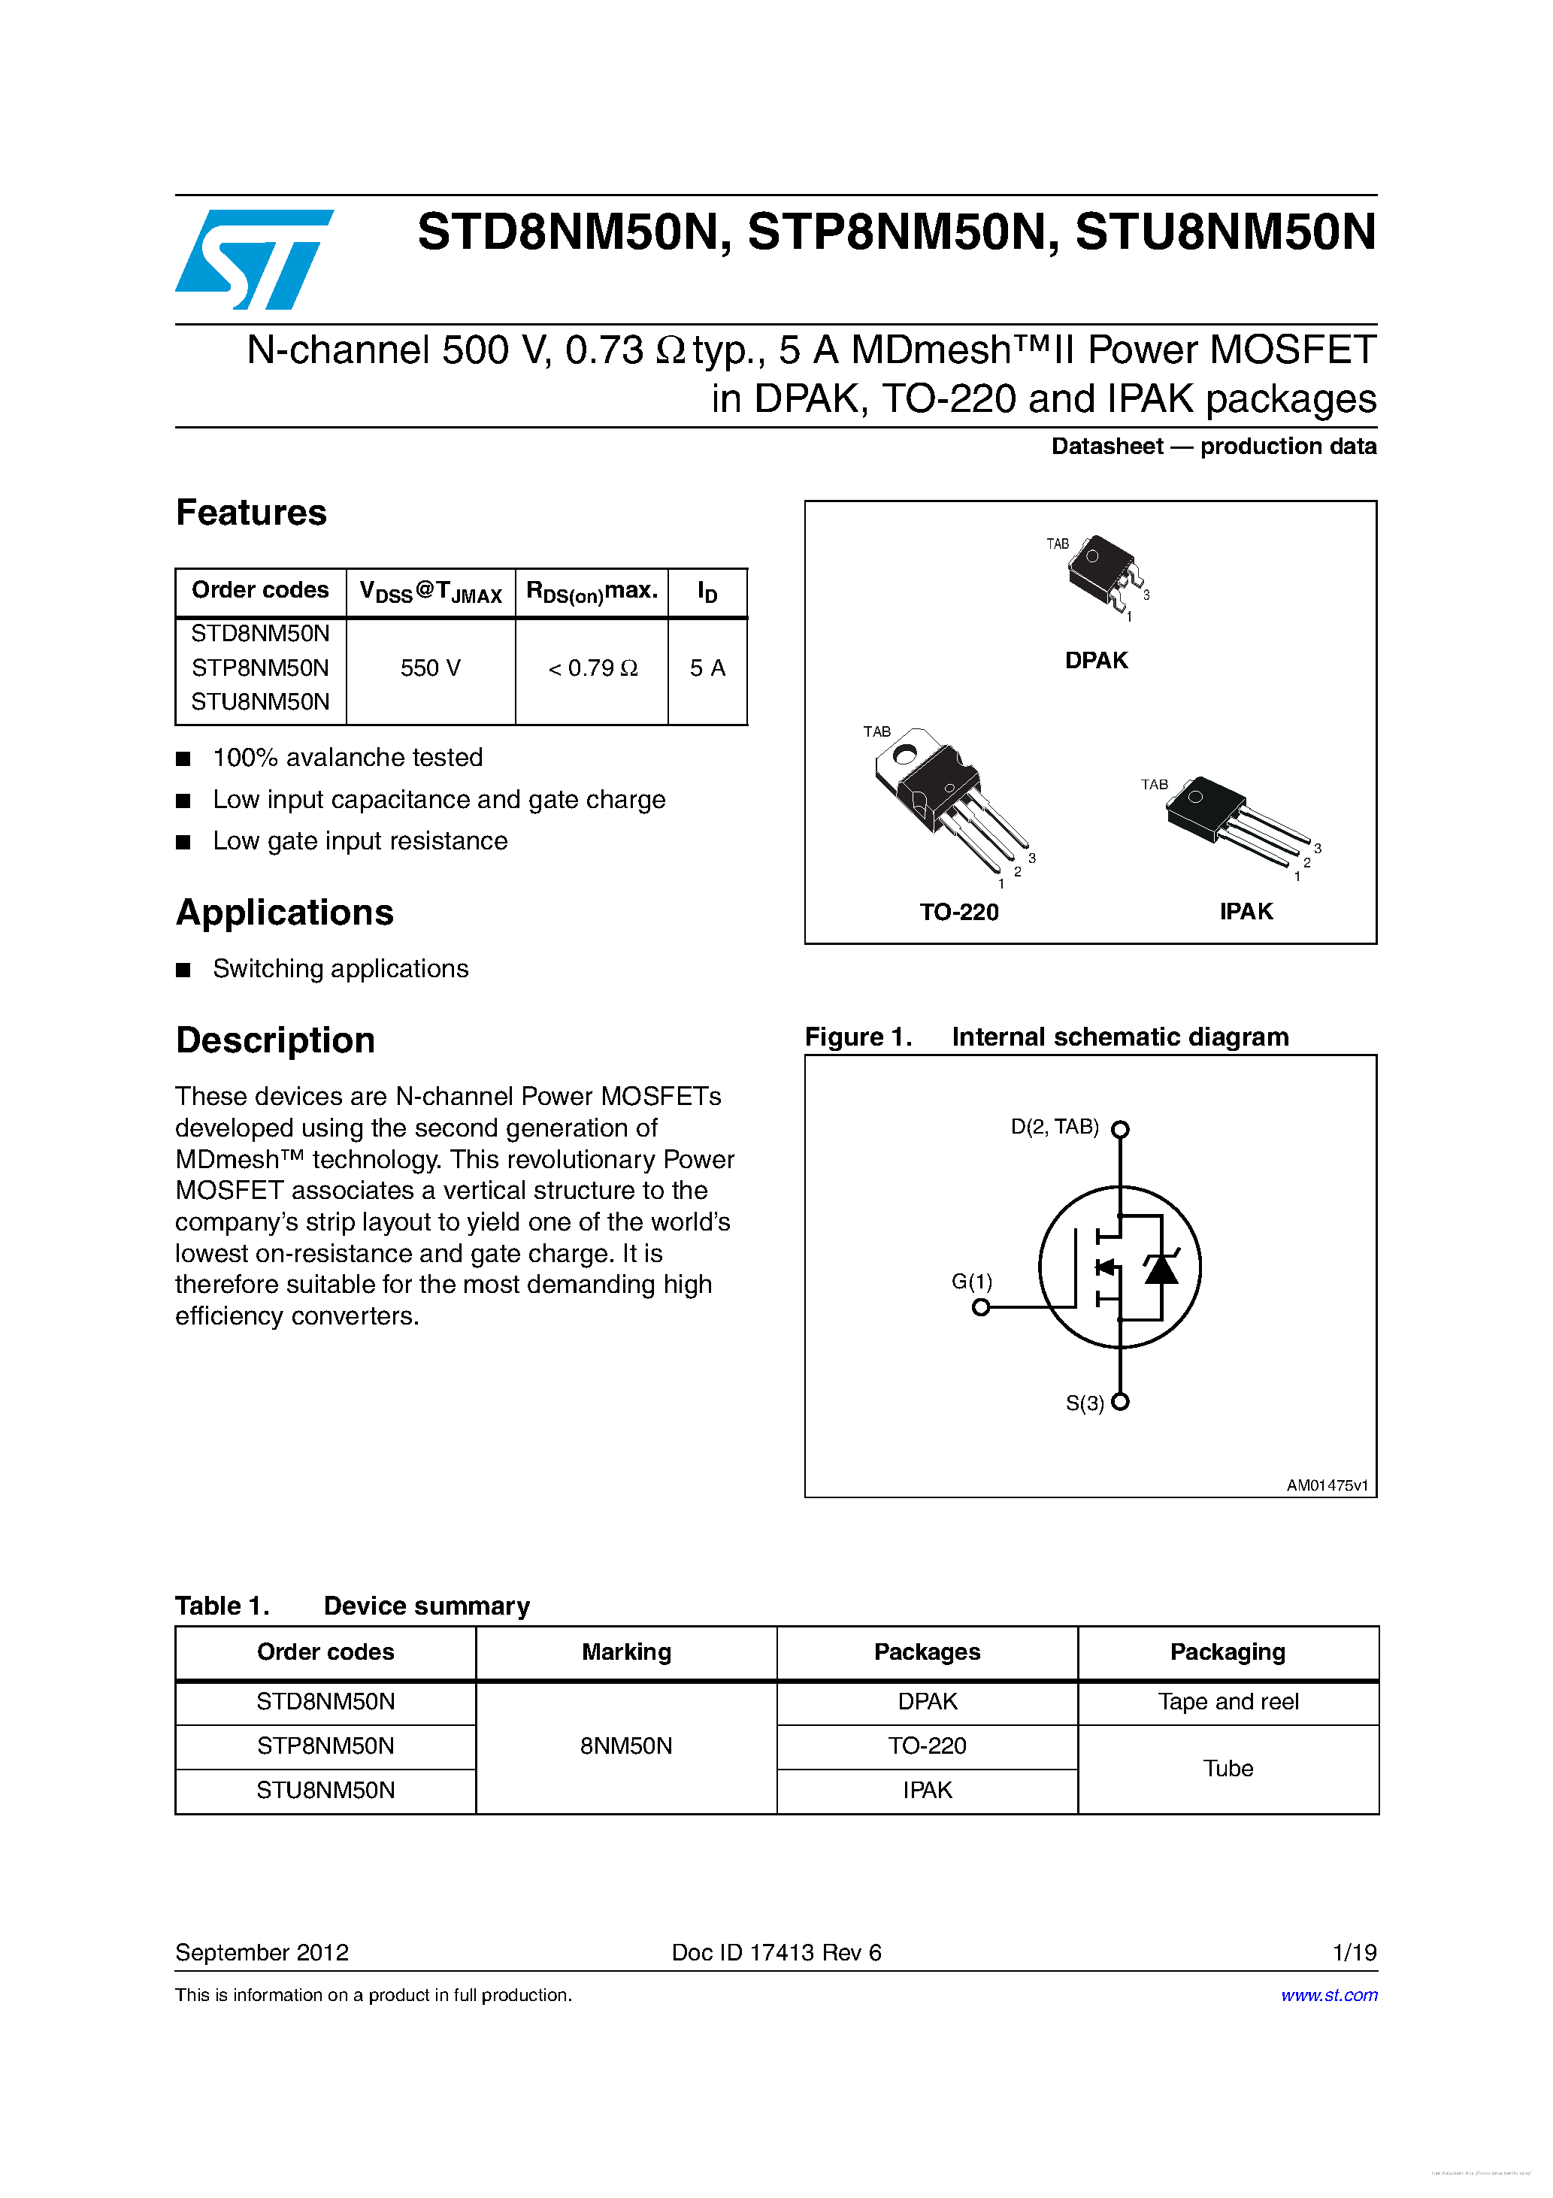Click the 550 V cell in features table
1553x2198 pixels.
click(x=430, y=668)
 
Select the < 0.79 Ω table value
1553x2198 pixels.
click(x=592, y=668)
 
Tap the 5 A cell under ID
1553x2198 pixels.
click(x=707, y=668)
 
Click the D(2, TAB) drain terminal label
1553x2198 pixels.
click(x=1054, y=1127)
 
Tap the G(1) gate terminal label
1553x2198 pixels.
click(x=971, y=1281)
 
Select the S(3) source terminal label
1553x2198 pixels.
click(x=1084, y=1403)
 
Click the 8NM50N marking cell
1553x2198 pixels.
click(x=626, y=1746)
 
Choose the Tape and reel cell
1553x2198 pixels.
click(x=1228, y=1702)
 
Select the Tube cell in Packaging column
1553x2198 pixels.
click(x=1228, y=1768)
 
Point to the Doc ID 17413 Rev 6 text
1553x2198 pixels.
click(x=776, y=1953)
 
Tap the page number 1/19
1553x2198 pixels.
click(x=1354, y=1953)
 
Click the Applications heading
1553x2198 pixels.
click(x=284, y=913)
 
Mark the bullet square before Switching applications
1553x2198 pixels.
click(x=184, y=970)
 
